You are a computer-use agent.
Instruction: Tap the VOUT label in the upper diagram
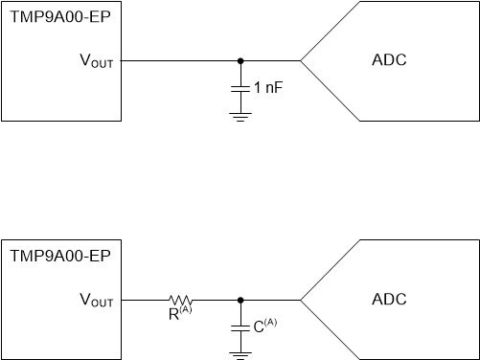pos(96,61)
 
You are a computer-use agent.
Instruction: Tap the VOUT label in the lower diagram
pos(96,300)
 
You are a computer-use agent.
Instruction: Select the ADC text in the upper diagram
pos(388,61)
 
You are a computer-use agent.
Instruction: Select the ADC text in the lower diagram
pos(388,300)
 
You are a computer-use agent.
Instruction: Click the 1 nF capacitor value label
pos(269,87)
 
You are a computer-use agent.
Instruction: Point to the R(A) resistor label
pos(179,311)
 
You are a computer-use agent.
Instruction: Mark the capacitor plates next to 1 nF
pos(240,87)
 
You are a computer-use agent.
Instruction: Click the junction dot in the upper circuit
pos(240,60)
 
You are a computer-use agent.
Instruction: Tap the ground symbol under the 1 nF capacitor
pos(240,116)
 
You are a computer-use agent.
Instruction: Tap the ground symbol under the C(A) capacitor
pos(240,354)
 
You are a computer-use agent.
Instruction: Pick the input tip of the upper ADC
pos(302,60)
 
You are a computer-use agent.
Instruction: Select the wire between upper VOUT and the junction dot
pos(177,60)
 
